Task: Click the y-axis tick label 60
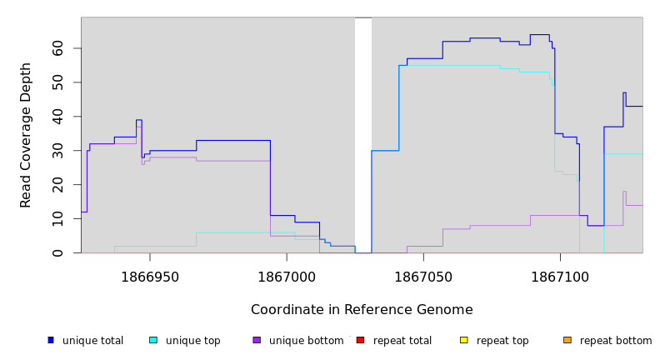point(58,48)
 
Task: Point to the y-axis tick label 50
point(58,82)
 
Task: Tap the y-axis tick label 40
point(58,117)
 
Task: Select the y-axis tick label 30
point(58,151)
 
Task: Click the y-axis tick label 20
point(58,185)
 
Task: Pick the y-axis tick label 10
point(58,219)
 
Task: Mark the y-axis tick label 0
point(58,252)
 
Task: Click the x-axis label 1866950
point(150,277)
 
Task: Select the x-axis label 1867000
point(287,277)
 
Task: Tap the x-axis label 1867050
point(422,277)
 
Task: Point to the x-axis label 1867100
point(559,277)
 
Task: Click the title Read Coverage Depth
point(27,135)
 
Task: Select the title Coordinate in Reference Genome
point(362,310)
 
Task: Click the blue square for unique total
point(51,340)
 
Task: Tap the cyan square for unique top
point(153,340)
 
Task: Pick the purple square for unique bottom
point(257,340)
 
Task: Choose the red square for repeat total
point(360,340)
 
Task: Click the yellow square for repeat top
point(463,340)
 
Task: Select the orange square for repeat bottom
point(567,340)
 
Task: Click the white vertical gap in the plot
point(363,133)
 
